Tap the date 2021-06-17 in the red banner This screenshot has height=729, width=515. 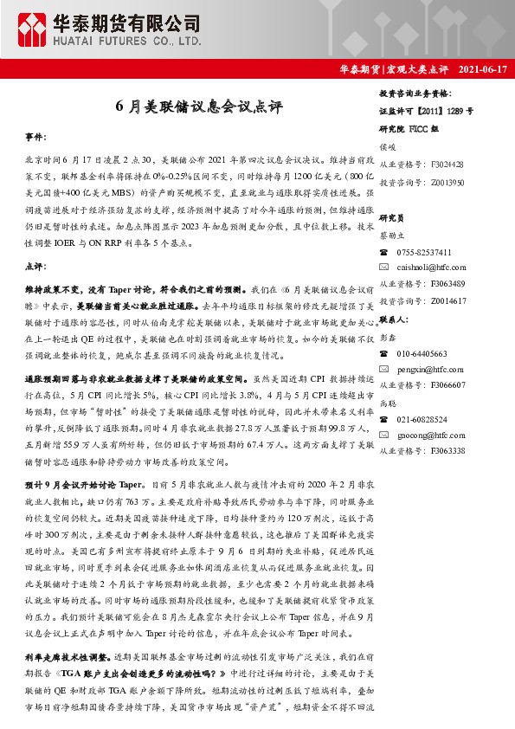coord(481,68)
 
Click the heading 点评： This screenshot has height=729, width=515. coord(36,267)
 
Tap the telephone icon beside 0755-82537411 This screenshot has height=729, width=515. coord(384,251)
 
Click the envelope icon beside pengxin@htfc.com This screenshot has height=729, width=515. coord(384,369)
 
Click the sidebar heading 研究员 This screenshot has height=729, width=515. coord(392,218)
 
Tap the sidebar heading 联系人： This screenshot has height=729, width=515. coord(396,319)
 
